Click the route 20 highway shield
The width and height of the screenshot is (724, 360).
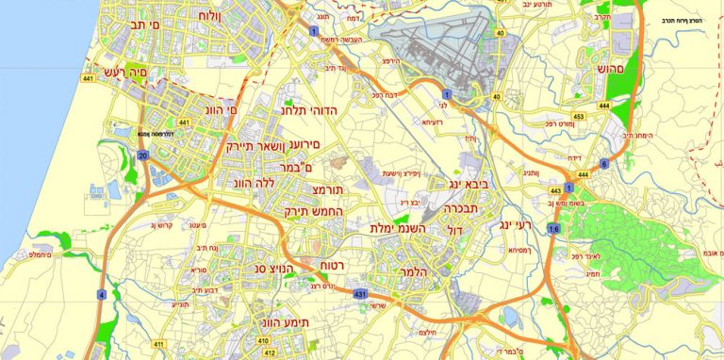click(x=142, y=155)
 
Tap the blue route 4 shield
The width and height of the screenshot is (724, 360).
click(x=101, y=295)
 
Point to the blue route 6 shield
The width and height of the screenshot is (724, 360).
click(x=603, y=163)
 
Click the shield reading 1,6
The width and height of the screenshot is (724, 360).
click(x=553, y=229)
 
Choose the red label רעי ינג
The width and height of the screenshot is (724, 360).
click(x=514, y=226)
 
